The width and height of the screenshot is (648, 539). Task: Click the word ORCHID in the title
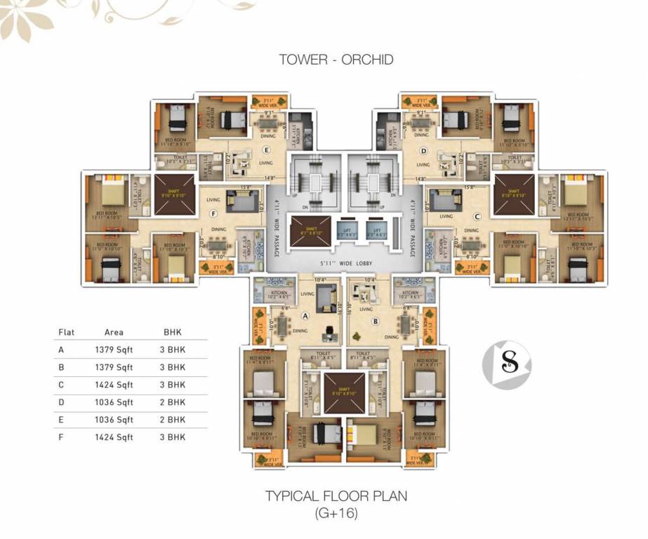367,60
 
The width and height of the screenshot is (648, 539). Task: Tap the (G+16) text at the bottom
336,513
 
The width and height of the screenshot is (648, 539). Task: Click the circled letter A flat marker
305,316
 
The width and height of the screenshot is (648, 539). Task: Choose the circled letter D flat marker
423,150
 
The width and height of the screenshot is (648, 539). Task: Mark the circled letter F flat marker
213,214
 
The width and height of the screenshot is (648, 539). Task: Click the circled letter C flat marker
476,217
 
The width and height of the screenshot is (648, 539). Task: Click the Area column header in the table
114,332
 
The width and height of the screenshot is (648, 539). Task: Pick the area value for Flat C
114,385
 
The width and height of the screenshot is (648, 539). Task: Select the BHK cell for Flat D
173,402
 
